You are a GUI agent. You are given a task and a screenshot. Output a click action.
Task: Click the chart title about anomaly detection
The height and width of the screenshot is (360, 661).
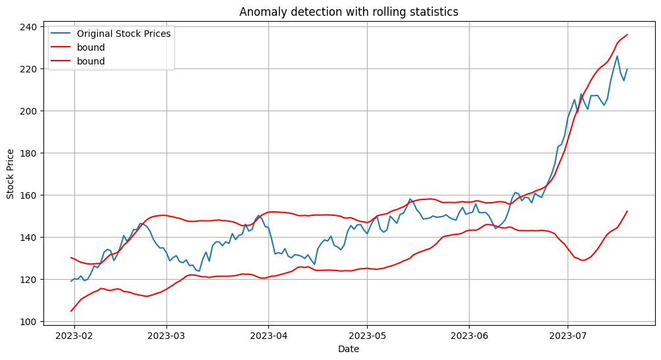(349, 12)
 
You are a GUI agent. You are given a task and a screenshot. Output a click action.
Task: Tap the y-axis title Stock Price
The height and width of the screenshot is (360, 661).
(10, 174)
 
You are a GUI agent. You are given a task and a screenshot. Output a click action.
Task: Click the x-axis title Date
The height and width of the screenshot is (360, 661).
(349, 349)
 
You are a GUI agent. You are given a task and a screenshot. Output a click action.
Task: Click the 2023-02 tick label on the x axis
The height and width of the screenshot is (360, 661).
(74, 336)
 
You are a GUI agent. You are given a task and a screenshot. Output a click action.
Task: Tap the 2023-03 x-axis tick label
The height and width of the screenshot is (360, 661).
(166, 336)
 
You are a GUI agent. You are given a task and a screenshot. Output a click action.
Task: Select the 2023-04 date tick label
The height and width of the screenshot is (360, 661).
(268, 336)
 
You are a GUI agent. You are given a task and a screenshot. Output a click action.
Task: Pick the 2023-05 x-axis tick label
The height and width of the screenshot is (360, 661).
(367, 336)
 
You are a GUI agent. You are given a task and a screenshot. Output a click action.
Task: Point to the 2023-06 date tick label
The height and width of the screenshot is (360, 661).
(469, 336)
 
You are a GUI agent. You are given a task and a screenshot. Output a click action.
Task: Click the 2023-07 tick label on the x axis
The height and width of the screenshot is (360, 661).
(568, 336)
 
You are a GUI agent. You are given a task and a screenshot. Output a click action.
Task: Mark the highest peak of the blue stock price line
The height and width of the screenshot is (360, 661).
(617, 56)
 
